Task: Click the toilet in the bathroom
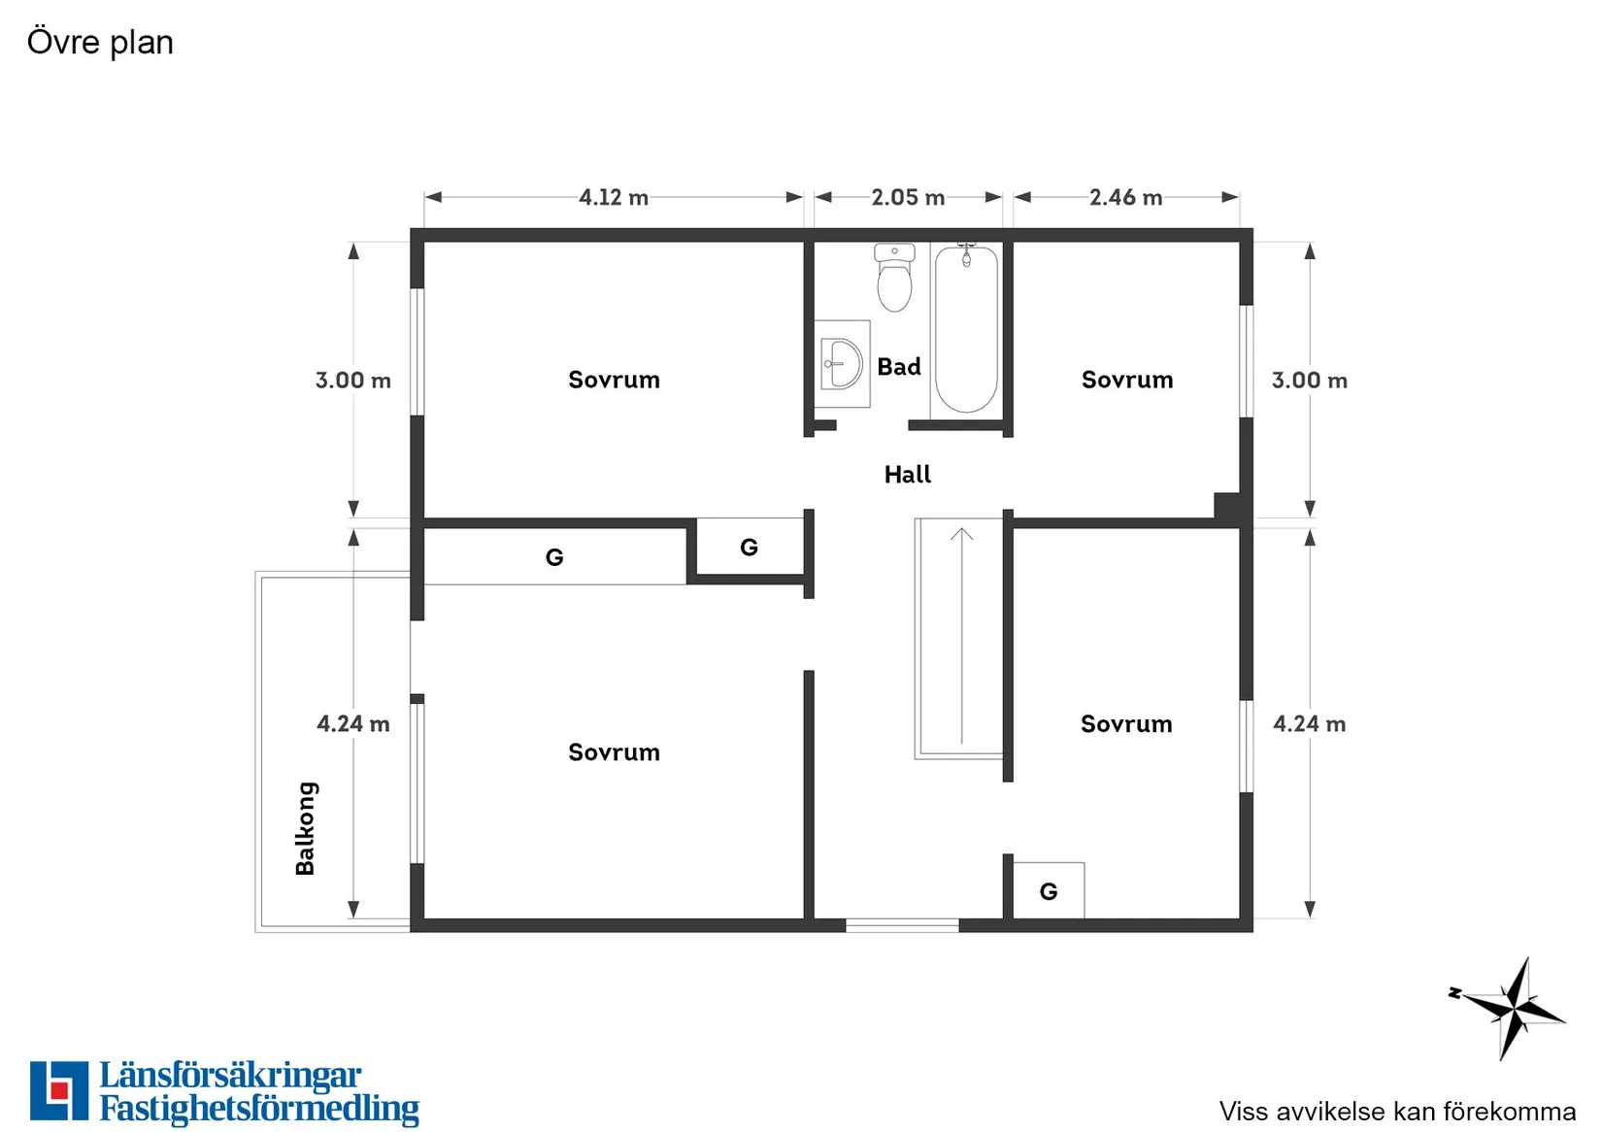[x=894, y=280]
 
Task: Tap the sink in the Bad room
[x=842, y=364]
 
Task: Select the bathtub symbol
[x=966, y=330]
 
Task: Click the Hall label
[x=907, y=475]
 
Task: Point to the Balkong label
[x=306, y=828]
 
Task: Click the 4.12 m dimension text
[x=614, y=198]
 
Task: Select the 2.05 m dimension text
[x=908, y=198]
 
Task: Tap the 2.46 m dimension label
[x=1125, y=198]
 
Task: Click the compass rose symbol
[x=1510, y=1008]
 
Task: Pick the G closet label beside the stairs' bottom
[x=1049, y=891]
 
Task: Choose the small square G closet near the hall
[x=750, y=548]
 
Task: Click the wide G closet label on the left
[x=554, y=557]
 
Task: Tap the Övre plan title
[x=100, y=43]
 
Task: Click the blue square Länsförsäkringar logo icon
[x=59, y=1090]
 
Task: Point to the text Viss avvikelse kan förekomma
[x=1397, y=1112]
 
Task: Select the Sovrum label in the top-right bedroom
[x=1127, y=380]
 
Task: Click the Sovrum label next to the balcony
[x=614, y=752]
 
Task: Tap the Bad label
[x=899, y=367]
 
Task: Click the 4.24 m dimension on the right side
[x=1309, y=724]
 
